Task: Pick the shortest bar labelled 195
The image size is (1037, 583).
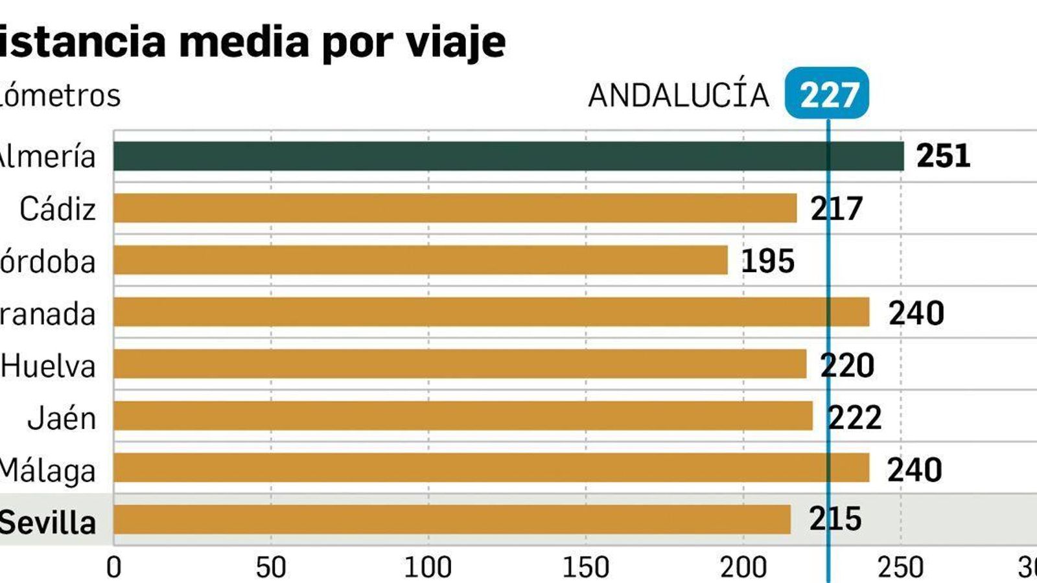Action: point(421,260)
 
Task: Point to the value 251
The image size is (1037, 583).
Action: point(943,156)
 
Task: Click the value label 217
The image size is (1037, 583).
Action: point(837,209)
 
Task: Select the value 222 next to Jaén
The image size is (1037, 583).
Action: point(855,418)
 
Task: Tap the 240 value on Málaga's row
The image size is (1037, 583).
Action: point(915,470)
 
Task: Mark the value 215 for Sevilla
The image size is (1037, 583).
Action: point(835,519)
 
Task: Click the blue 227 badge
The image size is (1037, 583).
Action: point(828,95)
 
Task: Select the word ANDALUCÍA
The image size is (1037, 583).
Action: point(678,95)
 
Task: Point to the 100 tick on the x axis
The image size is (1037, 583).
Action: point(428,568)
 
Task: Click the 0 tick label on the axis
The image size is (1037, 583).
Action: point(114,568)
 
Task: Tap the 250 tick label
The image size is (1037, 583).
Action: point(900,568)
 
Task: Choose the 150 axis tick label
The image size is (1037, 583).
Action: point(585,568)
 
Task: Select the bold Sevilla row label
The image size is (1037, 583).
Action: point(47,522)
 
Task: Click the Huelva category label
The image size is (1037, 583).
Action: point(48,367)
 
